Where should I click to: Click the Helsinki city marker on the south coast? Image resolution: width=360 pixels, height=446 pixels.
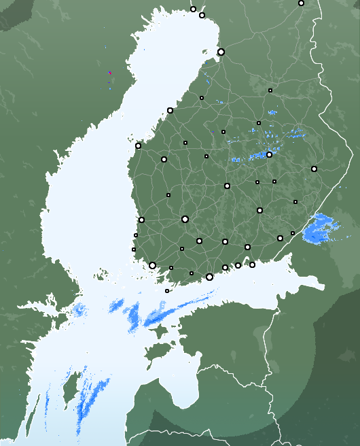(x=209, y=277)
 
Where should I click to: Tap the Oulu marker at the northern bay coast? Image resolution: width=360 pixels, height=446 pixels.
(x=221, y=52)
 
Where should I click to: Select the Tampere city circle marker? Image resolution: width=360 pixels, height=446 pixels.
(x=185, y=219)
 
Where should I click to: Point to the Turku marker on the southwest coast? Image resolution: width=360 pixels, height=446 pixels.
(x=152, y=265)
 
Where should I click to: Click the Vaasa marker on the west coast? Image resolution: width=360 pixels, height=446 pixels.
(x=138, y=145)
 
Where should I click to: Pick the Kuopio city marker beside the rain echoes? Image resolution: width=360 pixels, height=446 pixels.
(x=269, y=154)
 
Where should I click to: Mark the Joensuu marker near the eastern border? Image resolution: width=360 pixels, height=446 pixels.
(x=314, y=169)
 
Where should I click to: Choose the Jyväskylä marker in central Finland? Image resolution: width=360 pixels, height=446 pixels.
(x=227, y=186)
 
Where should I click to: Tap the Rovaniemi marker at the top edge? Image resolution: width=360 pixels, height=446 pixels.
(x=301, y=3)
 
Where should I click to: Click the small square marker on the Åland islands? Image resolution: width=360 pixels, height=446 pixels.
(x=167, y=291)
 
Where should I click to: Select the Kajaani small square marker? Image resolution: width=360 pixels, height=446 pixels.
(x=270, y=90)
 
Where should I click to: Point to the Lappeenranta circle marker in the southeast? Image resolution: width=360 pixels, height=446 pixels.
(x=280, y=238)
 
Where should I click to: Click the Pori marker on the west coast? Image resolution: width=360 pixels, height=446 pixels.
(x=141, y=220)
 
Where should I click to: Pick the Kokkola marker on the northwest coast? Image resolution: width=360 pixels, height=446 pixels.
(x=170, y=110)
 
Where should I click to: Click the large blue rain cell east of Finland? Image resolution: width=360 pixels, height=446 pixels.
(x=321, y=229)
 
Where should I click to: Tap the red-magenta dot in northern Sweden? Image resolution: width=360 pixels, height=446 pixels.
(x=109, y=73)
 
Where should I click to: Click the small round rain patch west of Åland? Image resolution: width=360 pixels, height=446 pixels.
(x=80, y=310)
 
